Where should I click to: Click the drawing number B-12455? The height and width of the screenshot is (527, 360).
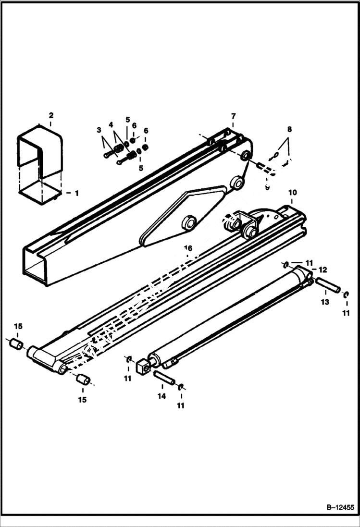340,507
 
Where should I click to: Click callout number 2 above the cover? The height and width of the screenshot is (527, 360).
51,115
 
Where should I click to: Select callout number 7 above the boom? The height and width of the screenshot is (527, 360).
234,116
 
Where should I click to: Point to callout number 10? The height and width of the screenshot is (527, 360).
292,193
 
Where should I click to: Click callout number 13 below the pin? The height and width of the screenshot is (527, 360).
325,302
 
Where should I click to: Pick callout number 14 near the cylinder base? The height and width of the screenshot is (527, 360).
161,396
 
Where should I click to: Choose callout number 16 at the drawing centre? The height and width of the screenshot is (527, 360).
188,248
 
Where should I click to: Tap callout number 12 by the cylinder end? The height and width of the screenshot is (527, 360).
323,270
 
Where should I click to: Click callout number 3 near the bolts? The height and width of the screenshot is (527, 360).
99,130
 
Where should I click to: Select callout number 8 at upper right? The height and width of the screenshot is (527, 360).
289,129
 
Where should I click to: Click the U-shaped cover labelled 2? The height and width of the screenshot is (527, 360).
41,154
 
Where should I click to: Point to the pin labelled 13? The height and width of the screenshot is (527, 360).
328,284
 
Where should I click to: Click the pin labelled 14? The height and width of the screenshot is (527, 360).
164,377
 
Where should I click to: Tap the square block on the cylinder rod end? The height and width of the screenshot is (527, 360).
143,368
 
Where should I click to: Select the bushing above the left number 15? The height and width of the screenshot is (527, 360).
17,344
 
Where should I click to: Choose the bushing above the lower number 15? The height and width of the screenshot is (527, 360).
83,380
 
